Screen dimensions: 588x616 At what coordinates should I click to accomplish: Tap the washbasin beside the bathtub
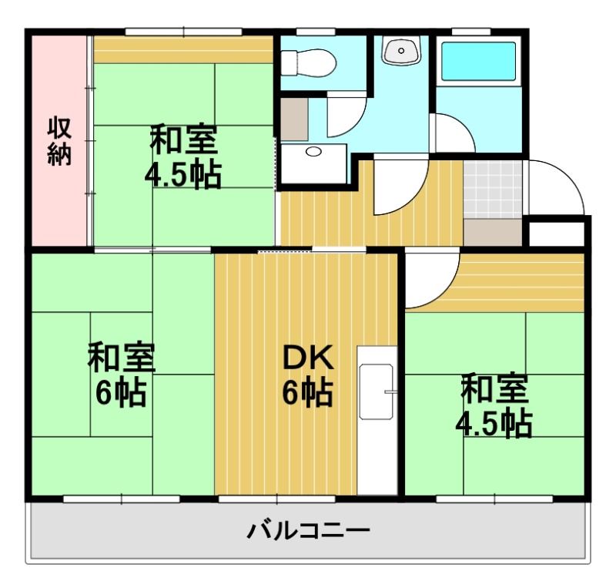tap(400, 51)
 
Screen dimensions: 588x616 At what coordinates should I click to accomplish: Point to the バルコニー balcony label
tap(308, 531)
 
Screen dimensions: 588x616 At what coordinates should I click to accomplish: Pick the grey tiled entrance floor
tap(493, 190)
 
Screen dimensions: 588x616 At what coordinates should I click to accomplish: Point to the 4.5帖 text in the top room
tap(183, 176)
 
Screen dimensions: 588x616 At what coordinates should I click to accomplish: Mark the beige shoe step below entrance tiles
tap(493, 231)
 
